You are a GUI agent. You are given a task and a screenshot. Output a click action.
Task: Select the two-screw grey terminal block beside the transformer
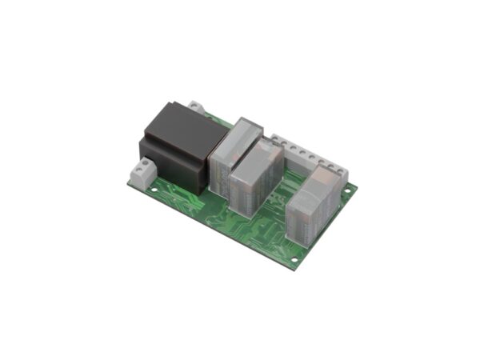click(145, 173)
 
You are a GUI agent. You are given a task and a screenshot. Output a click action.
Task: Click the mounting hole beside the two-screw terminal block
click(132, 184)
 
